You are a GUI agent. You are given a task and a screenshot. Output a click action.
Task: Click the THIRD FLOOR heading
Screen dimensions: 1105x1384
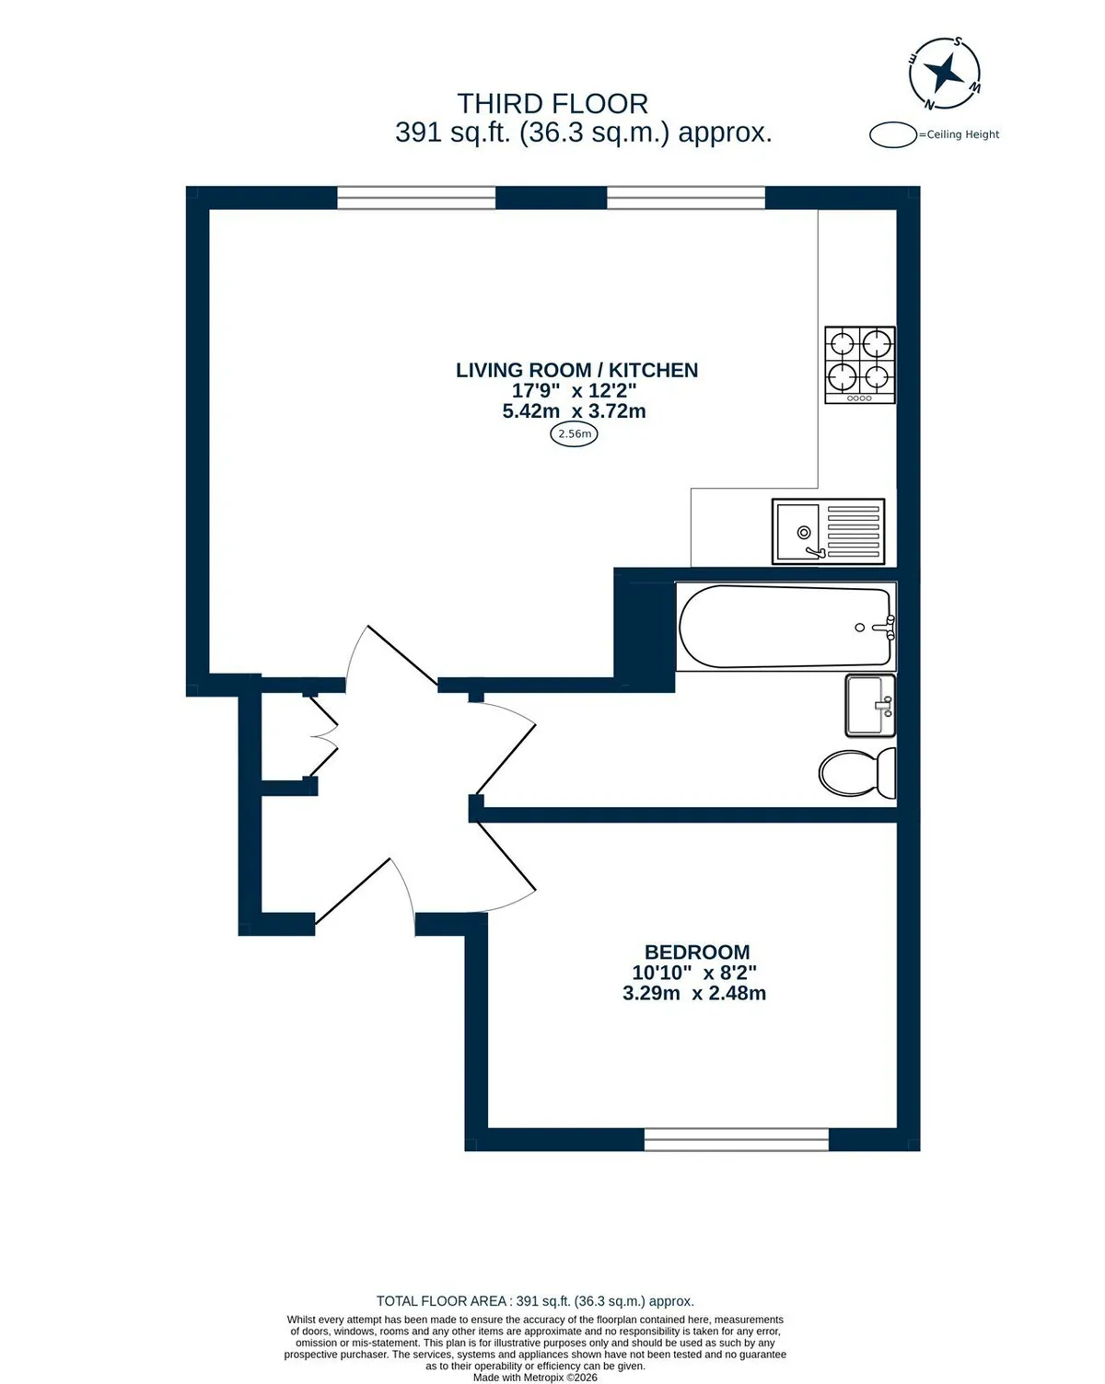(552, 104)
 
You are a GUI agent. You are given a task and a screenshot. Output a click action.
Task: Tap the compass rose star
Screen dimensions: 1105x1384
(944, 72)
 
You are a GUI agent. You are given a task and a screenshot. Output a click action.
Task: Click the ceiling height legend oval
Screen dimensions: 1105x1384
(892, 135)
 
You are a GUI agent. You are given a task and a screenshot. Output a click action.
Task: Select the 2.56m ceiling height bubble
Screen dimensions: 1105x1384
(574, 434)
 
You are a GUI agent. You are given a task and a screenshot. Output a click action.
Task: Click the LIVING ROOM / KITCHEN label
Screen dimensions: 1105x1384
(576, 371)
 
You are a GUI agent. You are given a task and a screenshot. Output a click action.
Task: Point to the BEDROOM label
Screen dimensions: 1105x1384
(697, 951)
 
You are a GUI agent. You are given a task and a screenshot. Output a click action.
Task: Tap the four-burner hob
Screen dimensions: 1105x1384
(860, 364)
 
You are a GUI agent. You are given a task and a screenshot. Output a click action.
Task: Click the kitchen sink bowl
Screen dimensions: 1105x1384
(798, 532)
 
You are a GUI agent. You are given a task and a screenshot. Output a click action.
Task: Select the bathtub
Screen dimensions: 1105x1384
(785, 627)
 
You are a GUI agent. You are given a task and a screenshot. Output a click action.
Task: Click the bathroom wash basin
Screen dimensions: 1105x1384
(870, 705)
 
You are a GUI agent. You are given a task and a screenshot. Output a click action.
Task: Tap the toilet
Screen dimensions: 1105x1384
(857, 772)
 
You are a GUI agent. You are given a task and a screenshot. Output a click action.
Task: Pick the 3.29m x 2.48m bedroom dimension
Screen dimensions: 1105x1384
(693, 993)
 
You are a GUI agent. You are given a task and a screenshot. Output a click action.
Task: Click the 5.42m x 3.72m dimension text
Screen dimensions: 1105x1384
(574, 411)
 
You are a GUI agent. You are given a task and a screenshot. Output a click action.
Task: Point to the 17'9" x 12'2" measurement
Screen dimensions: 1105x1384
(574, 390)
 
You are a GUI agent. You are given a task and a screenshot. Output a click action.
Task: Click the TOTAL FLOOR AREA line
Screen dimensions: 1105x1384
(535, 1301)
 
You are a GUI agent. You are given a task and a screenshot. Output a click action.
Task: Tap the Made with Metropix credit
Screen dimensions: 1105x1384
(535, 1377)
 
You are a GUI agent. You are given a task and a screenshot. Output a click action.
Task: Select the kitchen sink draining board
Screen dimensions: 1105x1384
(853, 532)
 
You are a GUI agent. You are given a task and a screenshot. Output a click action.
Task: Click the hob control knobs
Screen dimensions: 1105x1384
(860, 398)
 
